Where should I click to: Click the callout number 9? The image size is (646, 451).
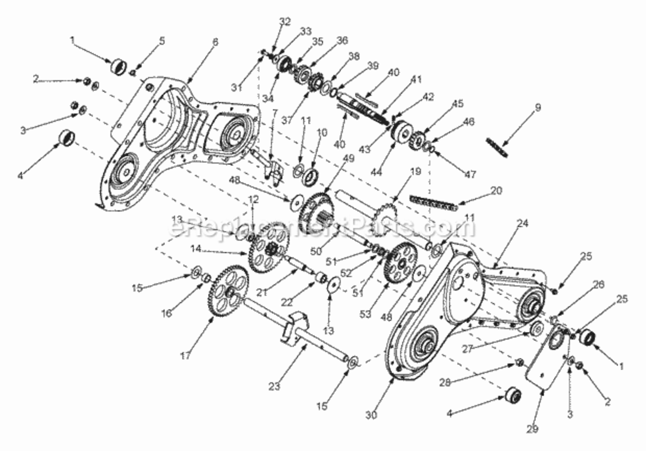[x=538, y=108]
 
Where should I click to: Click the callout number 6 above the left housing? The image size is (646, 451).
[x=215, y=42]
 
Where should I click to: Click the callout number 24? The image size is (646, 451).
[x=521, y=223]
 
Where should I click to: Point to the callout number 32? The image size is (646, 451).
[x=285, y=20]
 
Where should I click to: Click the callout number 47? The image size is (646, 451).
[x=470, y=175]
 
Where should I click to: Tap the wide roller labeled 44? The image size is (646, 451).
[x=399, y=133]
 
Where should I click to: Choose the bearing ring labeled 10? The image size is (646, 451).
[x=311, y=176]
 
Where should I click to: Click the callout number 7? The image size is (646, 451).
[x=274, y=112]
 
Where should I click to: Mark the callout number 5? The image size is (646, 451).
[x=161, y=41]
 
